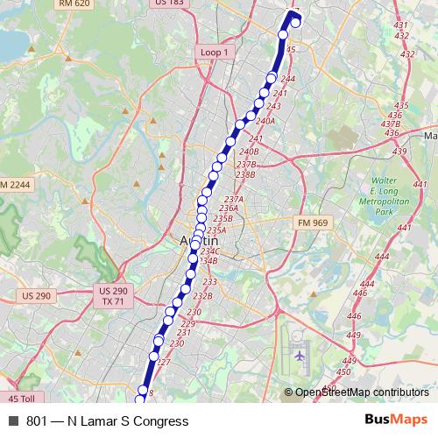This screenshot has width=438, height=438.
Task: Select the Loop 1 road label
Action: coord(215,53)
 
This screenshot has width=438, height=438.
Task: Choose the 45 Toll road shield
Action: coord(19,399)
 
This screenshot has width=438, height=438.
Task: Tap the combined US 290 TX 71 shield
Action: coord(113,296)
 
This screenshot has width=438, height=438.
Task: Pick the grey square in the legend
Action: coord(12,421)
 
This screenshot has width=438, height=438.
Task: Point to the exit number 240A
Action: coord(265,121)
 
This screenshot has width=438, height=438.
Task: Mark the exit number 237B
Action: coord(246,164)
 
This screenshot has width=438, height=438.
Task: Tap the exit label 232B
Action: coord(202,295)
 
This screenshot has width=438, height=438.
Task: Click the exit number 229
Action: coord(187,323)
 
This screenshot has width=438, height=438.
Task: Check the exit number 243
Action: coord(273,105)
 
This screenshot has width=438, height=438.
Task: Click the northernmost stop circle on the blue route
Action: coord(295,22)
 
